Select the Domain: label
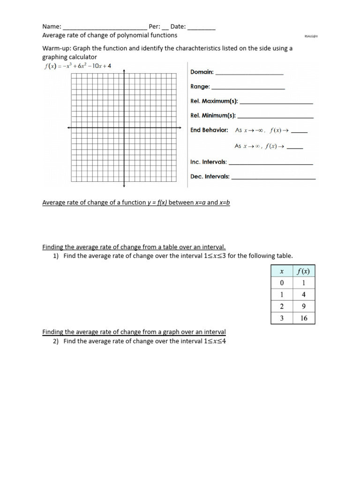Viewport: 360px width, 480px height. [202, 72]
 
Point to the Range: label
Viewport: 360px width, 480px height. [200, 87]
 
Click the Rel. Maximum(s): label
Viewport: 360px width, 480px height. [214, 101]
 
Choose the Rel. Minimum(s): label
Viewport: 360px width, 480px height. [213, 115]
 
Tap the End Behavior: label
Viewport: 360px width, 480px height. [209, 130]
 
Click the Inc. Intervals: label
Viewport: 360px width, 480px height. [208, 162]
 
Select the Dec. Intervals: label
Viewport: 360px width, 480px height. [210, 177]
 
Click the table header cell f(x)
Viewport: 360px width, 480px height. [304, 271]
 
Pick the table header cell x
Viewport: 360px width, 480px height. [282, 271]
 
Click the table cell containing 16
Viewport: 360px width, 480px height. [304, 318]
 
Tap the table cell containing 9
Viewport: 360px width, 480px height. [304, 307]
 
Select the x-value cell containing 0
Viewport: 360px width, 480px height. [282, 283]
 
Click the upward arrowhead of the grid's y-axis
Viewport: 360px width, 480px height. [124, 71]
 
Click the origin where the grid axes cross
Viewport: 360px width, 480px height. [124, 127]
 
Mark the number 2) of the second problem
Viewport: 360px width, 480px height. [55, 341]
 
